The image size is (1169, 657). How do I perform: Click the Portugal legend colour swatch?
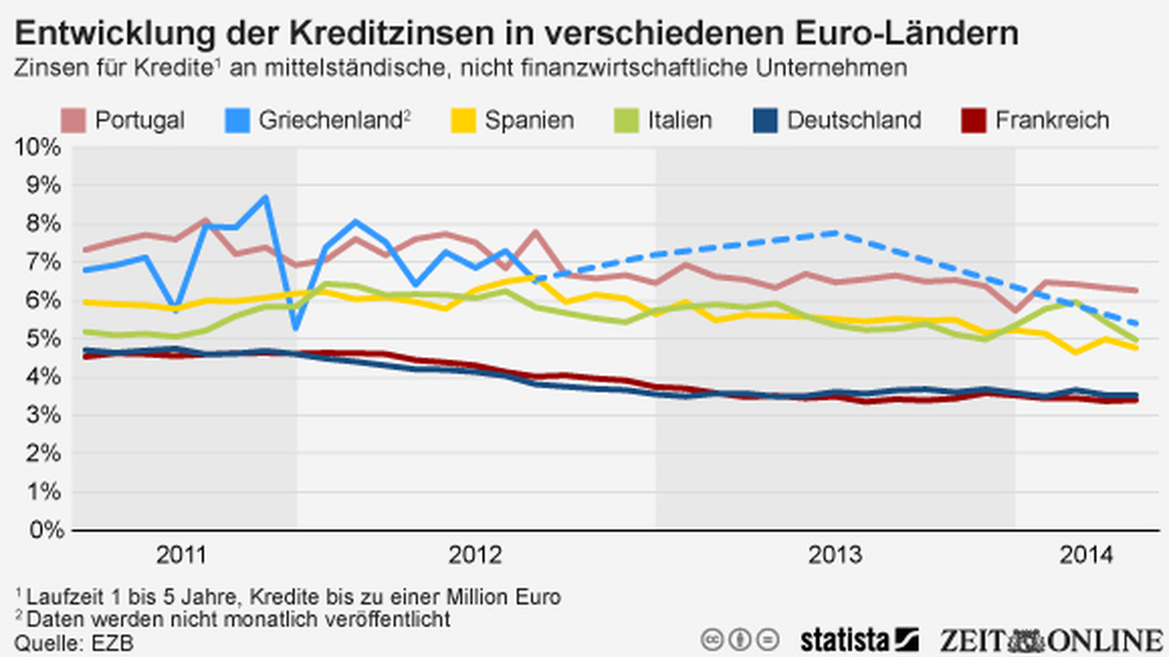click(74, 120)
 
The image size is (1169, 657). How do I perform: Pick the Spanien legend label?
click(529, 120)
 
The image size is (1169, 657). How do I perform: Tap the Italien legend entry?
click(679, 120)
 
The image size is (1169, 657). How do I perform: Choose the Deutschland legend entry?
click(853, 120)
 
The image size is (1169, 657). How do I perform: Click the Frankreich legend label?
click(1051, 120)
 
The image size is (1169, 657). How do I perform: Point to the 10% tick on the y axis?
click(39, 147)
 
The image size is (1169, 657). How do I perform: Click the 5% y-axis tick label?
click(44, 339)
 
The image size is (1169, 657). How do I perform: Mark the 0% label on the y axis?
click(44, 530)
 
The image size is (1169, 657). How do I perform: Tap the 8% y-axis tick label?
click(44, 224)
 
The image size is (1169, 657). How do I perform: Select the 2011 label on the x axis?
click(181, 555)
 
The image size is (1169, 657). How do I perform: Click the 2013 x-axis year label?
click(836, 555)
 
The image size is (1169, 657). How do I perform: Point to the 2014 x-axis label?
click(1085, 555)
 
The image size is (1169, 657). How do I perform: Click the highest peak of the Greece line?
click(265, 197)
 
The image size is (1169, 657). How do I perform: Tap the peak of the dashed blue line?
click(835, 233)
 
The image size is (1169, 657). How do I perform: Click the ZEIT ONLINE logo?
click(1051, 640)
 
